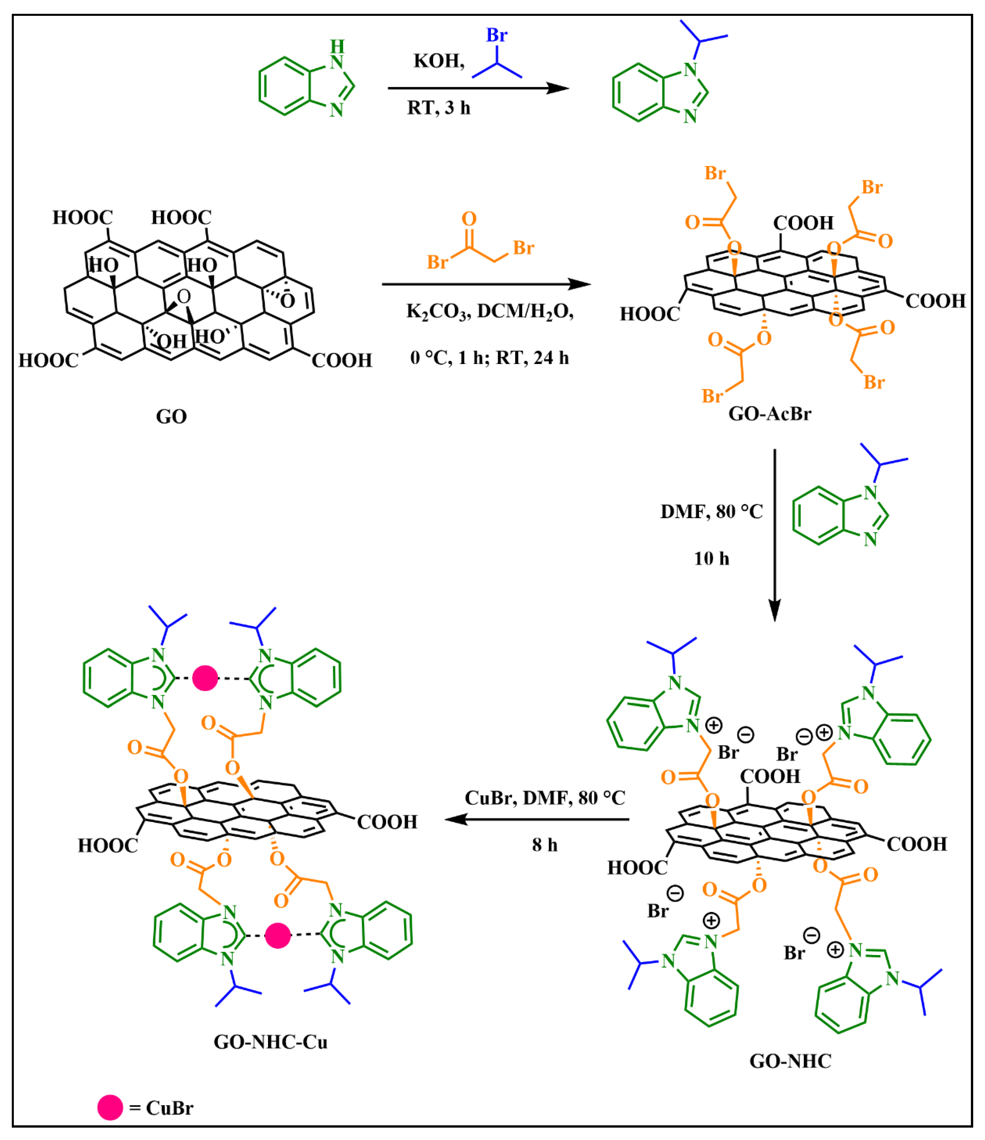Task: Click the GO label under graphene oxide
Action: [x=171, y=416]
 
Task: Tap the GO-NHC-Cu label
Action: [x=270, y=1042]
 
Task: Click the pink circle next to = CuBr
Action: [x=110, y=1107]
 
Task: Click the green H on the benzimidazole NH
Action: [x=337, y=46]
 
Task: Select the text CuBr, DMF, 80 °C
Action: [x=545, y=798]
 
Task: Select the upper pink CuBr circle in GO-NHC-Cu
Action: [x=205, y=678]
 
